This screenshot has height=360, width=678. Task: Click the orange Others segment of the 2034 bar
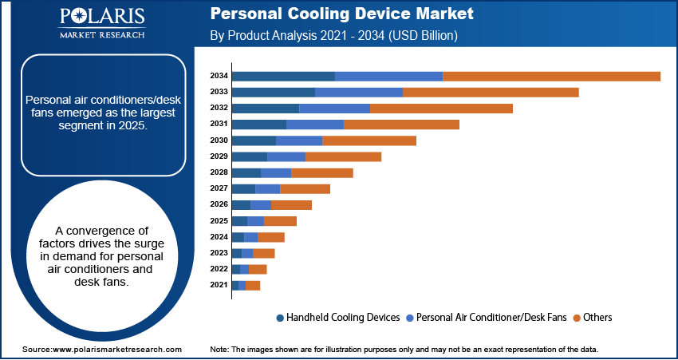[551, 76]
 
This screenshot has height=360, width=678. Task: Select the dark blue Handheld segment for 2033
[273, 92]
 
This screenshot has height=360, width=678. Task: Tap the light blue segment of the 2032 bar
[334, 108]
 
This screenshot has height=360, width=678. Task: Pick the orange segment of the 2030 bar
[369, 140]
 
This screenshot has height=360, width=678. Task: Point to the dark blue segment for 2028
[246, 172]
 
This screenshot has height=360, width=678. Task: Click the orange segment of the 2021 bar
[253, 285]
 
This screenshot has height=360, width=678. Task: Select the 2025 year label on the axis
[219, 220]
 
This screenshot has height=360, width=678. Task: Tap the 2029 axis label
[219, 156]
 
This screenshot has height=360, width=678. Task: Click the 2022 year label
[219, 269]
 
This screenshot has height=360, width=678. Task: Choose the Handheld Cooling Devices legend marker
[280, 318]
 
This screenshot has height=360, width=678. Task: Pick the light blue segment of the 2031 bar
[315, 125]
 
